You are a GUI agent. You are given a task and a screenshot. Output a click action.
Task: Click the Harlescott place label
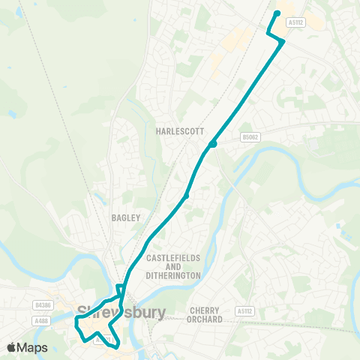coord(180,130)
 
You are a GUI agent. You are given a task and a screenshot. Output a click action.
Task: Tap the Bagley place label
coord(126,217)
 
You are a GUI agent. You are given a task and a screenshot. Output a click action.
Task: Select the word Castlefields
coord(173,257)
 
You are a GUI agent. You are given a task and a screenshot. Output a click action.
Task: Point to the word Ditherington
coord(173,275)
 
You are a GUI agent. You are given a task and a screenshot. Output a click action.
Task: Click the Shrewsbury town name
coord(121,312)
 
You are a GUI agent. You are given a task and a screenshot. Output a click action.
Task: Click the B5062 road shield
coord(250,137)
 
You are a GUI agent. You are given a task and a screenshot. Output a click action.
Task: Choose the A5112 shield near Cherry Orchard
coord(244,310)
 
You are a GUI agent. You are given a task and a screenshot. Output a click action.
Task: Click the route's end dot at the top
coord(277,13)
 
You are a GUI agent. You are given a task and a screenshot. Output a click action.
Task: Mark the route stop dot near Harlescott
coord(213,144)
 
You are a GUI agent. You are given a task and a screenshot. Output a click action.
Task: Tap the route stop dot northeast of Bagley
coord(186,196)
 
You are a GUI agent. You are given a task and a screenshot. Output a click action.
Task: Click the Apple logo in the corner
coord(12,347)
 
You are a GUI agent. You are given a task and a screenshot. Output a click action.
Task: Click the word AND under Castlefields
coord(173,266)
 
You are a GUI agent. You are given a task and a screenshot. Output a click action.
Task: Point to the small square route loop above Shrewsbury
coord(120,289)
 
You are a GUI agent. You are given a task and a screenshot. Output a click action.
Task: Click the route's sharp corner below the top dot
coord(268,31)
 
